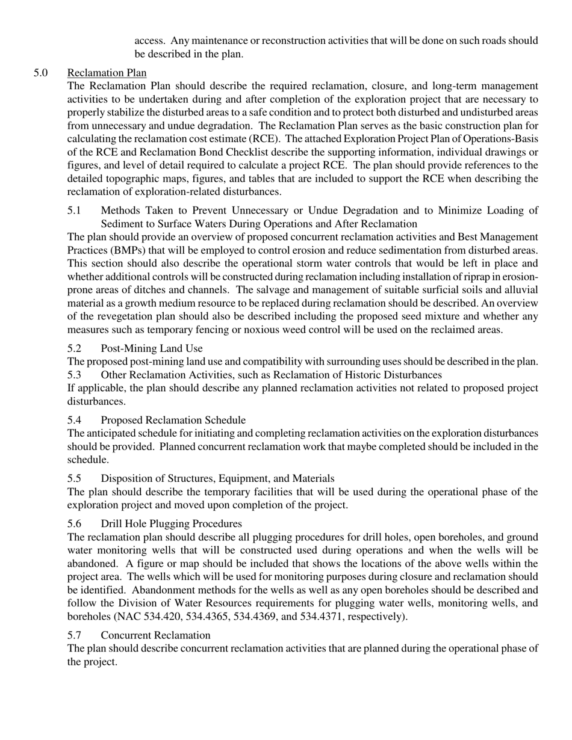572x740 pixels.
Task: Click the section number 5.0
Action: pos(41,73)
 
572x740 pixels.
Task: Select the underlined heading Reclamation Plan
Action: pos(107,73)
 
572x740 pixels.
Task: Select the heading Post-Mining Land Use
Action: pos(151,348)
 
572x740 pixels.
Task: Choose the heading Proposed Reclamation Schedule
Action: pos(173,420)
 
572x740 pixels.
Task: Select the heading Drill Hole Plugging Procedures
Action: pos(171,523)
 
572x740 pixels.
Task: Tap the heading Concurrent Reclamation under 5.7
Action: pos(155,635)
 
